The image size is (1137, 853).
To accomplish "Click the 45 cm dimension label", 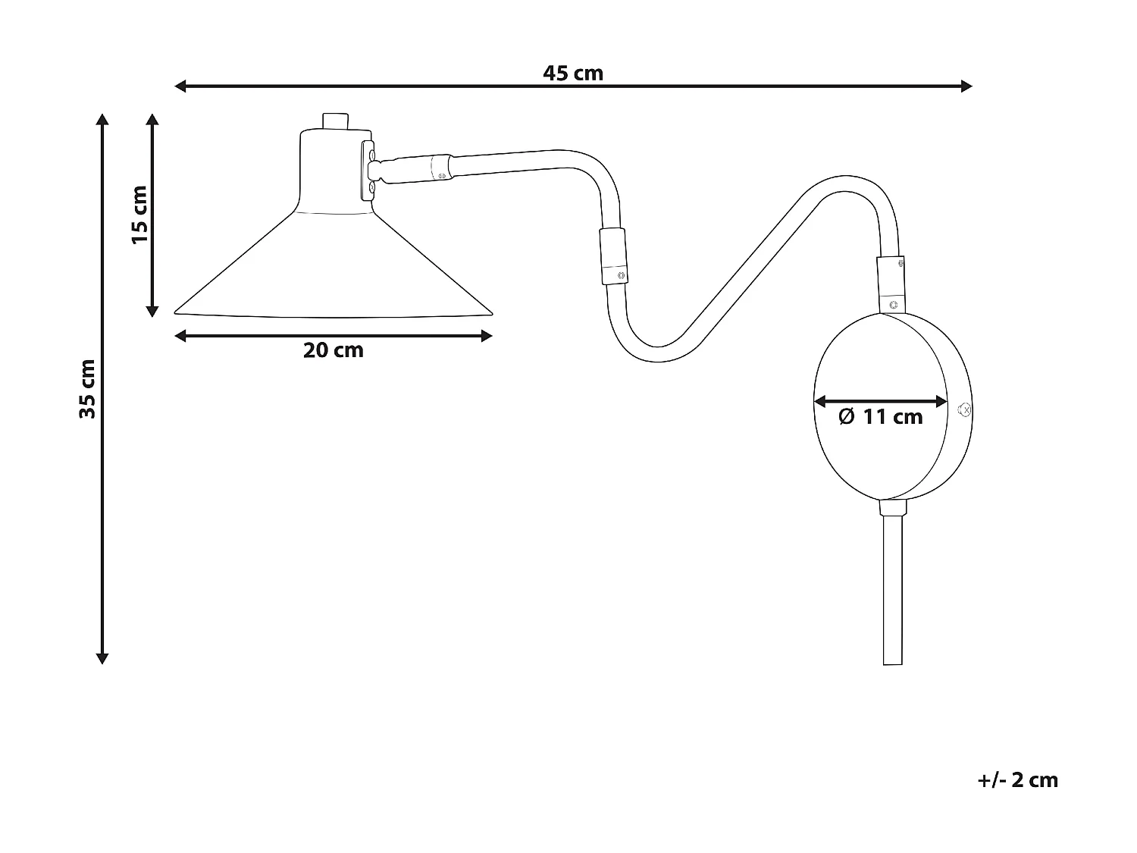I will (573, 74).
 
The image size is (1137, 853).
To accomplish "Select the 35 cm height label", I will (88, 388).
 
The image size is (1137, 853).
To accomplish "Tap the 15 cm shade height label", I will (139, 214).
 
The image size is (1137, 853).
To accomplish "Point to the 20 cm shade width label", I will (334, 350).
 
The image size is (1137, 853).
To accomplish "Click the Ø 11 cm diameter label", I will (881, 416).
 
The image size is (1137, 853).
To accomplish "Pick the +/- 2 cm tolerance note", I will (1017, 780).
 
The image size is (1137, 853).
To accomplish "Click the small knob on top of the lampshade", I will (334, 121).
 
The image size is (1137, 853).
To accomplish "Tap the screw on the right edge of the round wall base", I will (964, 410).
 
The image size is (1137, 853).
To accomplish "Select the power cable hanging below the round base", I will (893, 591).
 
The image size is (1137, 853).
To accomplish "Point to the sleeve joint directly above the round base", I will (891, 284).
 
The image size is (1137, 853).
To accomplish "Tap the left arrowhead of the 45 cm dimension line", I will (180, 86).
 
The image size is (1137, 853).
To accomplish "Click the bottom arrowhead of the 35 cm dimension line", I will (102, 659).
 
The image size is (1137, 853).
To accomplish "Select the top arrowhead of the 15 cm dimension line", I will (152, 120).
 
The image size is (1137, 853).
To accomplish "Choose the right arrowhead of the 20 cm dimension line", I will (487, 336).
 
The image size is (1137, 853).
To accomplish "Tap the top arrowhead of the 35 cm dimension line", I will (102, 119).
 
